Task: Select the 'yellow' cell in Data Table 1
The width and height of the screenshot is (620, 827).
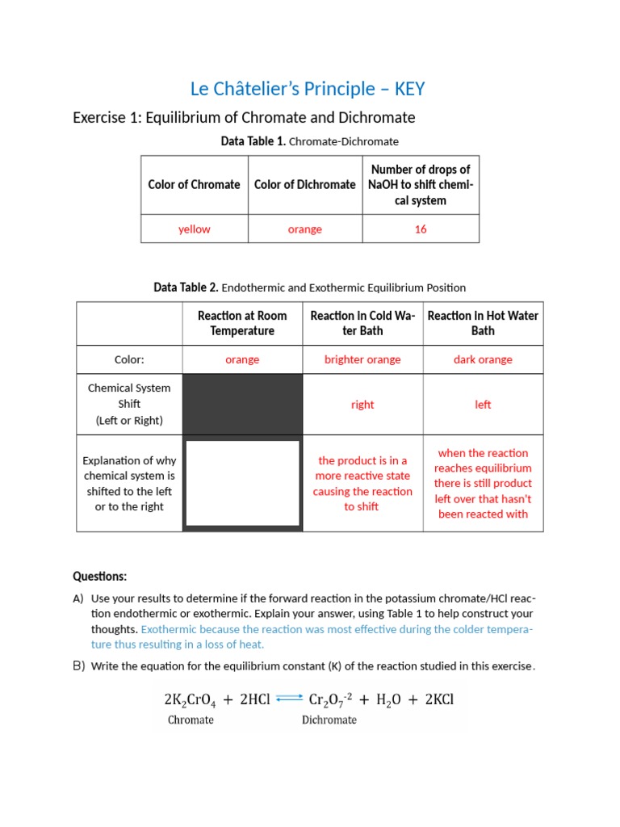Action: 194,229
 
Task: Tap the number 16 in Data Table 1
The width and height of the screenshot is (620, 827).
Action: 420,229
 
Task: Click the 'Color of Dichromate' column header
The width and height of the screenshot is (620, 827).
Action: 304,185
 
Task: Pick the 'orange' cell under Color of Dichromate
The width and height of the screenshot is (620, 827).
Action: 304,229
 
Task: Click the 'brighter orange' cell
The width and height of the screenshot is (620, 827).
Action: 362,360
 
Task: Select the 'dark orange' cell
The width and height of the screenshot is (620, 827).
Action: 483,360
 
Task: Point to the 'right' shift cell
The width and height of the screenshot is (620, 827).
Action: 362,405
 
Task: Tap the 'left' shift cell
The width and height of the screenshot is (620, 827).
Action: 483,405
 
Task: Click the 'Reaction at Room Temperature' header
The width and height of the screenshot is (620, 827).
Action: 242,323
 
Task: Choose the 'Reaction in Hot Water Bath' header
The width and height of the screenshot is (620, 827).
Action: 483,323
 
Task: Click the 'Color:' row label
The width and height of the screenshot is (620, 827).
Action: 129,360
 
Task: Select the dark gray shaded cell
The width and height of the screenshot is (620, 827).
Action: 242,404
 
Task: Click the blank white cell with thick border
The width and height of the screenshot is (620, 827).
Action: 242,483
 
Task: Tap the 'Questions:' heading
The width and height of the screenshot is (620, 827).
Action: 99,577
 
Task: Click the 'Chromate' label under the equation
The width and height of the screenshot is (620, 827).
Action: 191,720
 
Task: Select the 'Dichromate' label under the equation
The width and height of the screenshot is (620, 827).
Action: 329,720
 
